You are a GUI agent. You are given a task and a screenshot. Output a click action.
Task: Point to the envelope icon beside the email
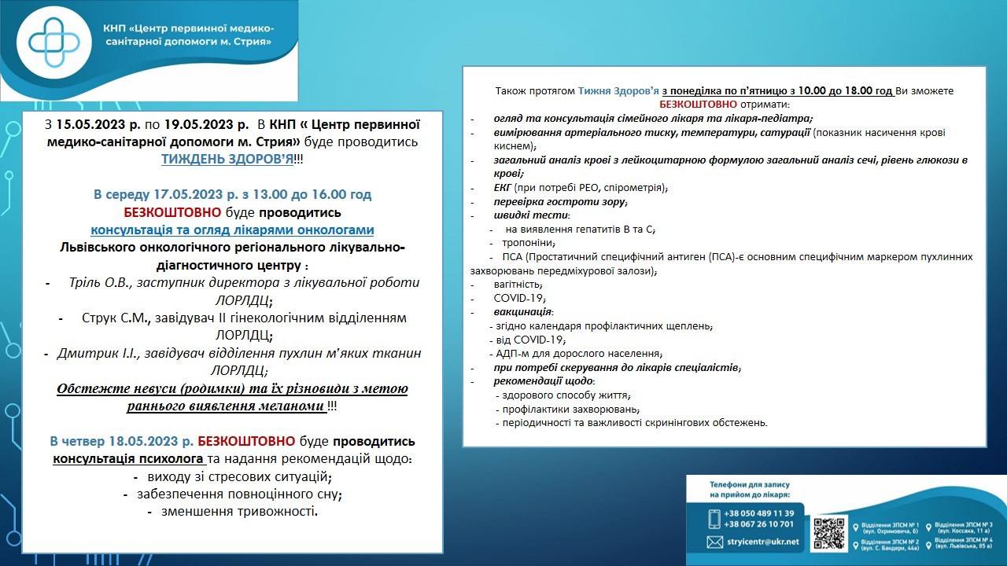tap(714, 542)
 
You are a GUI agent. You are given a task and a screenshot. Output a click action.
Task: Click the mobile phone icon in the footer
tap(714, 518)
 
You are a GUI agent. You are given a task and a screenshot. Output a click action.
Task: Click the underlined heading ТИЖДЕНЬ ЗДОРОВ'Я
tap(227, 158)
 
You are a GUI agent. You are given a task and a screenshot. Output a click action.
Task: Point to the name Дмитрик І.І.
tap(94, 354)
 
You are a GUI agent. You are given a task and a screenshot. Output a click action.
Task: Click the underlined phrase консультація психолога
tap(130, 458)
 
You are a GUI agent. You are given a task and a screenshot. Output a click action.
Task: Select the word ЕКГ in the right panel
tap(503, 188)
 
